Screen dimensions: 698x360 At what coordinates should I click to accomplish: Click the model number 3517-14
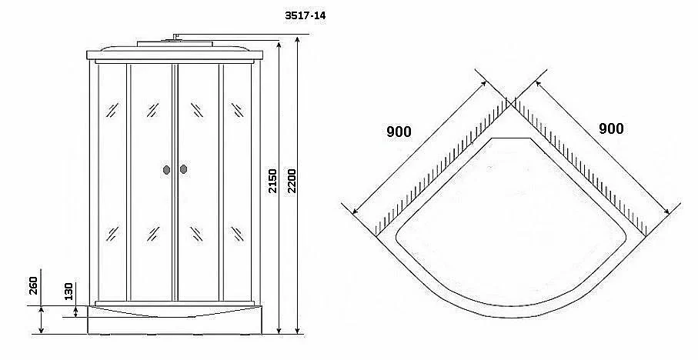[x=306, y=15]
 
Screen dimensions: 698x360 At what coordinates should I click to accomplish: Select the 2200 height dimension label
[x=291, y=181]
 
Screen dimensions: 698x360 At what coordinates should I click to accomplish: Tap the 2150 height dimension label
[x=272, y=181]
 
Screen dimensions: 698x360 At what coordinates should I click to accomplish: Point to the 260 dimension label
[x=34, y=285]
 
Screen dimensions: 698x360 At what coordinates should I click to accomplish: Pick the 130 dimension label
[x=68, y=291]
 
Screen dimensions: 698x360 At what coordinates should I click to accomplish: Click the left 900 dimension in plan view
[x=399, y=132]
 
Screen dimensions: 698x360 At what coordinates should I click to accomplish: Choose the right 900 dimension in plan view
[x=611, y=128]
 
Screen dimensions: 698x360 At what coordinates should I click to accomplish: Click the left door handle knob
[x=167, y=169]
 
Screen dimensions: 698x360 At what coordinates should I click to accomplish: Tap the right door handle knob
[x=183, y=169]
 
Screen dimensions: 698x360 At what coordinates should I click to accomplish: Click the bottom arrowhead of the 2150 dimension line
[x=279, y=329]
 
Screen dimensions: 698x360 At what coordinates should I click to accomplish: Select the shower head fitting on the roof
[x=175, y=38]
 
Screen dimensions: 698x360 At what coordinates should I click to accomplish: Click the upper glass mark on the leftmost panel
[x=112, y=110]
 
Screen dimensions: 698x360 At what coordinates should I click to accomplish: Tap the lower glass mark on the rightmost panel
[x=237, y=234]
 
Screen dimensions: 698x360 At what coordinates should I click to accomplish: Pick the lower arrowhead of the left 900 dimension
[x=355, y=211]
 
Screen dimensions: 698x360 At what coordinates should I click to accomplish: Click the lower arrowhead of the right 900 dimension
[x=666, y=212]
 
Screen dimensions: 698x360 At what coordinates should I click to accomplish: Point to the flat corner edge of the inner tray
[x=511, y=138]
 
